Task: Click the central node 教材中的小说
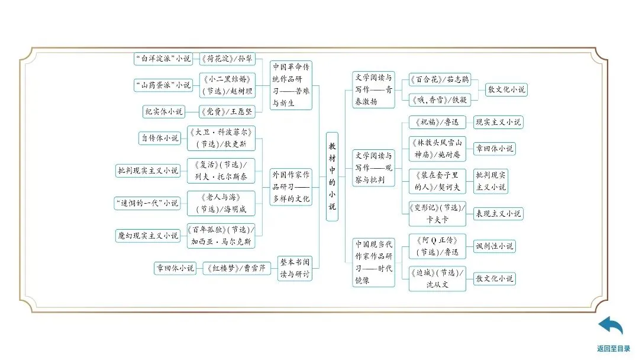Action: [x=332, y=176]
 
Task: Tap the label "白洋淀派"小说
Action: [x=163, y=59]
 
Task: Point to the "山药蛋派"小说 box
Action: [x=163, y=85]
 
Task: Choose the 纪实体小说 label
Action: [x=164, y=111]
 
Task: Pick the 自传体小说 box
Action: [x=160, y=138]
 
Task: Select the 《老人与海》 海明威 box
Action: [x=221, y=202]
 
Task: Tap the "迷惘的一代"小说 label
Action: [x=147, y=202]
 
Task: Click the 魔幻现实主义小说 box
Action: [x=147, y=235]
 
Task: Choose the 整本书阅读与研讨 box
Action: [x=295, y=268]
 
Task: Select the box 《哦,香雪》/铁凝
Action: [x=438, y=99]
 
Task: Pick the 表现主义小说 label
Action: [x=498, y=214]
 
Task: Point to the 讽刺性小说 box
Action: [x=494, y=246]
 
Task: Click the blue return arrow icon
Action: [x=611, y=326]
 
